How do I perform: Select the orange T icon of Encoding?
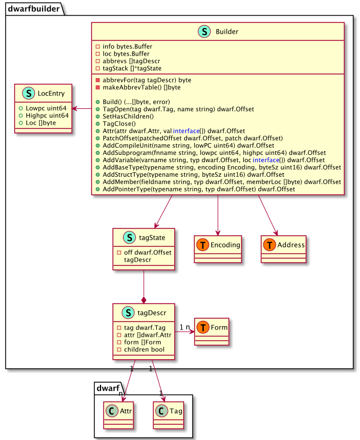coord(202,245)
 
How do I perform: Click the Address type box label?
coord(291,245)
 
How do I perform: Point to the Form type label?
coord(219,327)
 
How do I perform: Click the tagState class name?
coord(152,237)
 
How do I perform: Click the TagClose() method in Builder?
coord(119,123)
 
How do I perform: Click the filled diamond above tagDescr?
coord(144,301)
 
